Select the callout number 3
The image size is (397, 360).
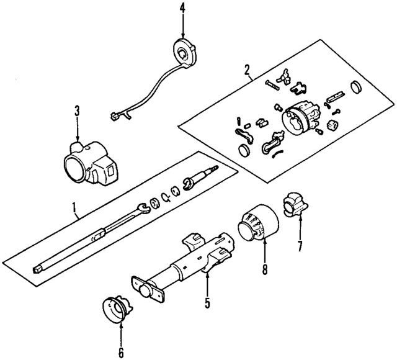pyautogui.click(x=77, y=112)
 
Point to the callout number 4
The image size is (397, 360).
pyautogui.click(x=183, y=8)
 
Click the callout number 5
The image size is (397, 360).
pyautogui.click(x=208, y=304)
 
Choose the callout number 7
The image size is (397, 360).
pyautogui.click(x=300, y=246)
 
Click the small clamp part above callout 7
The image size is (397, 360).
pyautogui.click(x=294, y=205)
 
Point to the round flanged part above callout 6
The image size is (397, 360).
pyautogui.click(x=115, y=310)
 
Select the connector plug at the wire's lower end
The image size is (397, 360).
pyautogui.click(x=115, y=115)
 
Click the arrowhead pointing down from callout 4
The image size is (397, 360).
pyautogui.click(x=183, y=34)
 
